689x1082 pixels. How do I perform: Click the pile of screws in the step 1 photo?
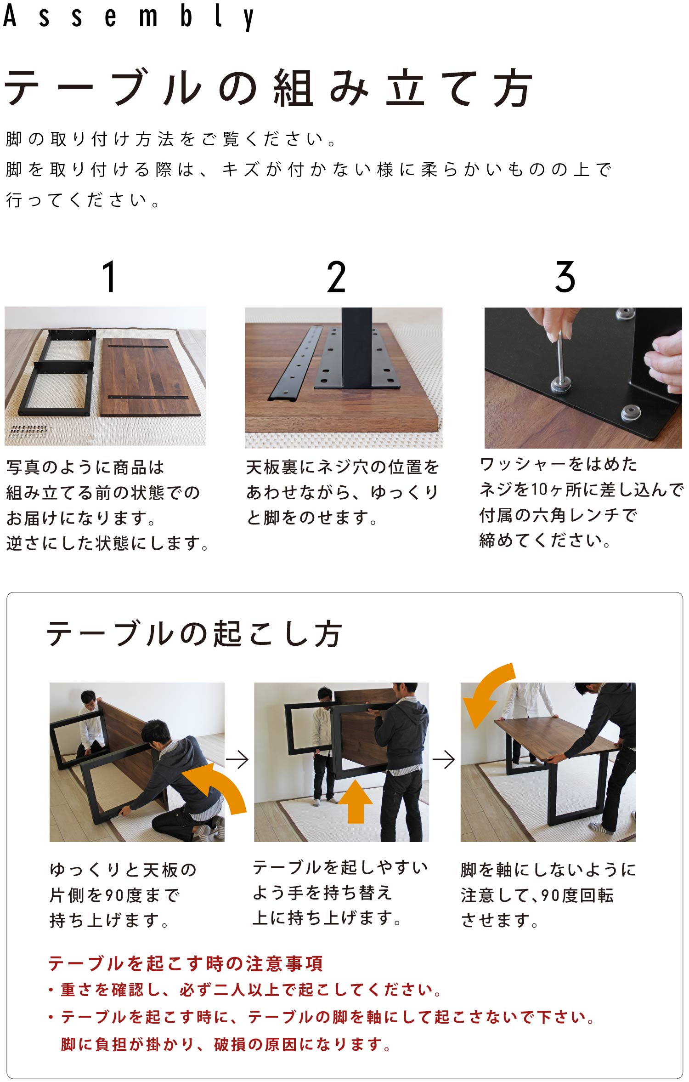click(x=29, y=431)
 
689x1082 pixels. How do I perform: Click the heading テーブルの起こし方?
click(x=194, y=633)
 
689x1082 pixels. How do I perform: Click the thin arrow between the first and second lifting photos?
click(x=237, y=759)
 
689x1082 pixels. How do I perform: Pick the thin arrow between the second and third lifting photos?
click(x=444, y=759)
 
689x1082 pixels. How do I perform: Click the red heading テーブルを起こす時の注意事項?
click(x=186, y=963)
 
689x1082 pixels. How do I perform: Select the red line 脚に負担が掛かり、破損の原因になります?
click(x=225, y=1044)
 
